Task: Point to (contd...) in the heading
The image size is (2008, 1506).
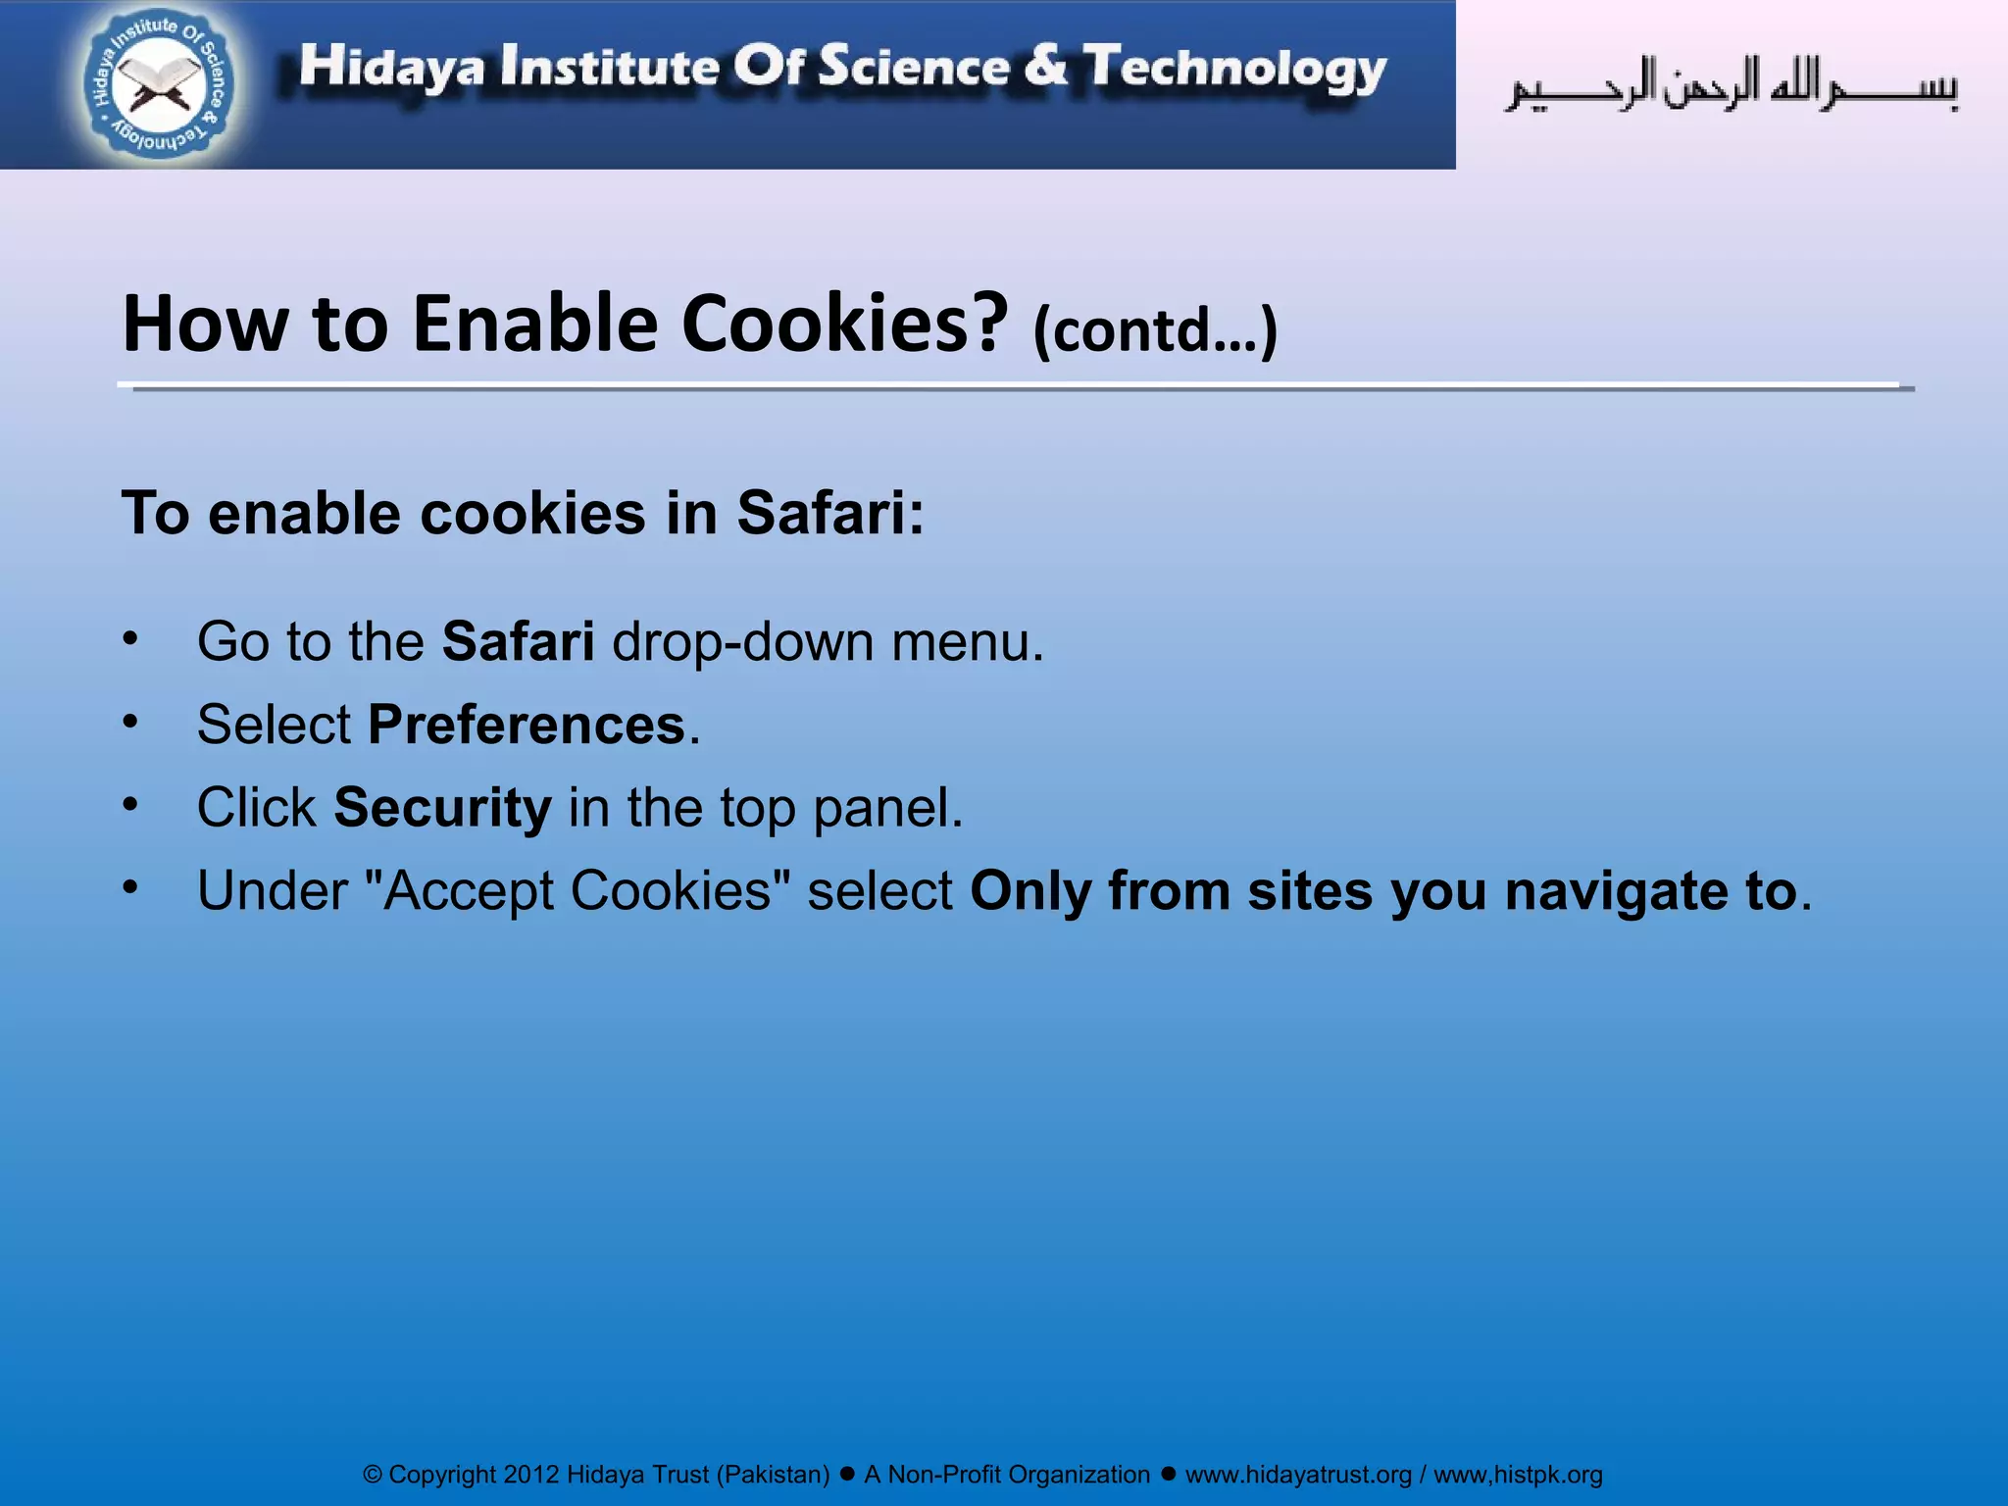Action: click(x=1155, y=330)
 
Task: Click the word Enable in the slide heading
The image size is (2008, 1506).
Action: click(x=535, y=324)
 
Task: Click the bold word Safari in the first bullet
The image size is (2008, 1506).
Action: click(x=518, y=641)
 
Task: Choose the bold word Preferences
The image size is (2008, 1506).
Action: click(x=527, y=725)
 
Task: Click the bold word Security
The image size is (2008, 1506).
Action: click(x=442, y=808)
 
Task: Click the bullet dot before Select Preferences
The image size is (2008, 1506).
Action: click(x=130, y=722)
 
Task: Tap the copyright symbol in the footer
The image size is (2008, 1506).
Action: click(x=372, y=1475)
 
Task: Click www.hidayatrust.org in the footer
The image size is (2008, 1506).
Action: click(x=1298, y=1475)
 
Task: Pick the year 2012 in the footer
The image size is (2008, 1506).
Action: click(x=530, y=1475)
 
